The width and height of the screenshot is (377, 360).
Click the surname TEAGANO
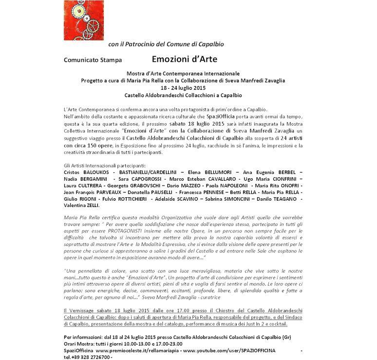coord(282,199)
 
